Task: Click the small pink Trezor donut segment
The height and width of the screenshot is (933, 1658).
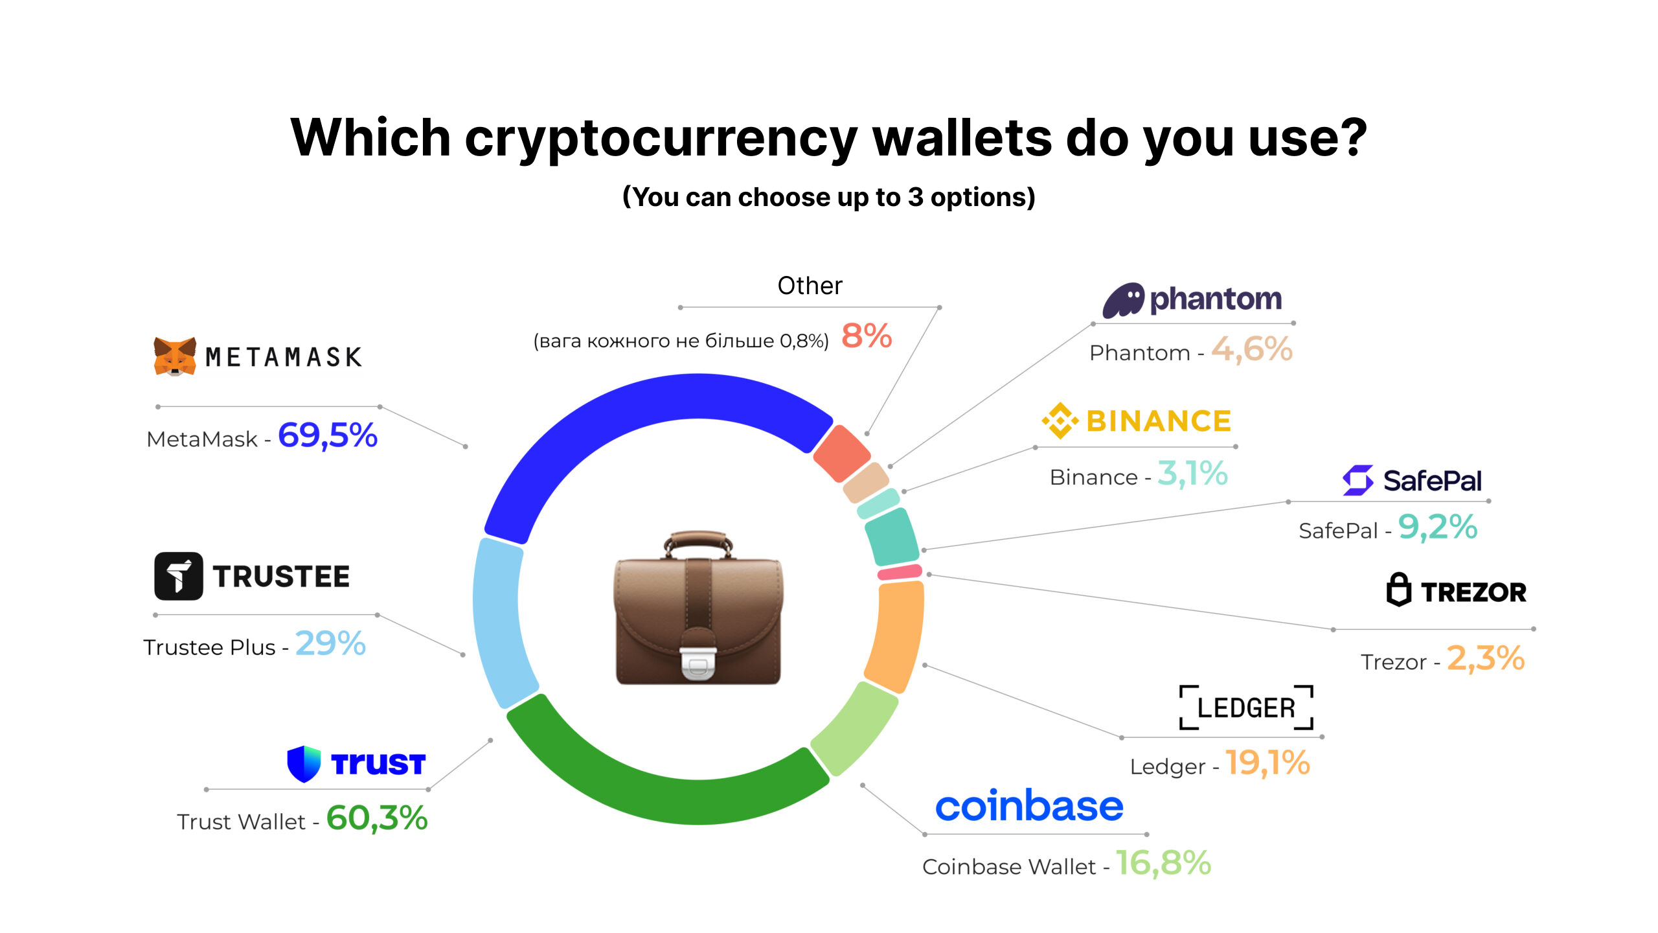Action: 900,572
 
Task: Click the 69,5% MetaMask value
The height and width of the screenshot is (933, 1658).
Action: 327,435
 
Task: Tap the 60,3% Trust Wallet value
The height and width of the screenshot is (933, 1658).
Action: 376,818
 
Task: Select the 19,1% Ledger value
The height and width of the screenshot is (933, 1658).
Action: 1267,763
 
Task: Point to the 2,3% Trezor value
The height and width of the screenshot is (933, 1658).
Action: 1486,658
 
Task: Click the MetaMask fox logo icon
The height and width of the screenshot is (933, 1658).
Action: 175,356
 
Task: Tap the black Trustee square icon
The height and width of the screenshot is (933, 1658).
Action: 179,576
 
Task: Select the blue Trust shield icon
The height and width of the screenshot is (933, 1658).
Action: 304,764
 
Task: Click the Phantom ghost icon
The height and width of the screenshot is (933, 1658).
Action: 1124,300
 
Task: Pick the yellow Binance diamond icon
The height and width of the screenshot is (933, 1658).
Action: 1060,421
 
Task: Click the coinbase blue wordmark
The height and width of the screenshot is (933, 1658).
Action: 1029,806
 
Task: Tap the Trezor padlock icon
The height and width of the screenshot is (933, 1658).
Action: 1398,590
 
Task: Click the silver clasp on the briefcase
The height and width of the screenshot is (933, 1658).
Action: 698,665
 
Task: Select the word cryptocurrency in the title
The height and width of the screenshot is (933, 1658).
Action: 661,139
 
